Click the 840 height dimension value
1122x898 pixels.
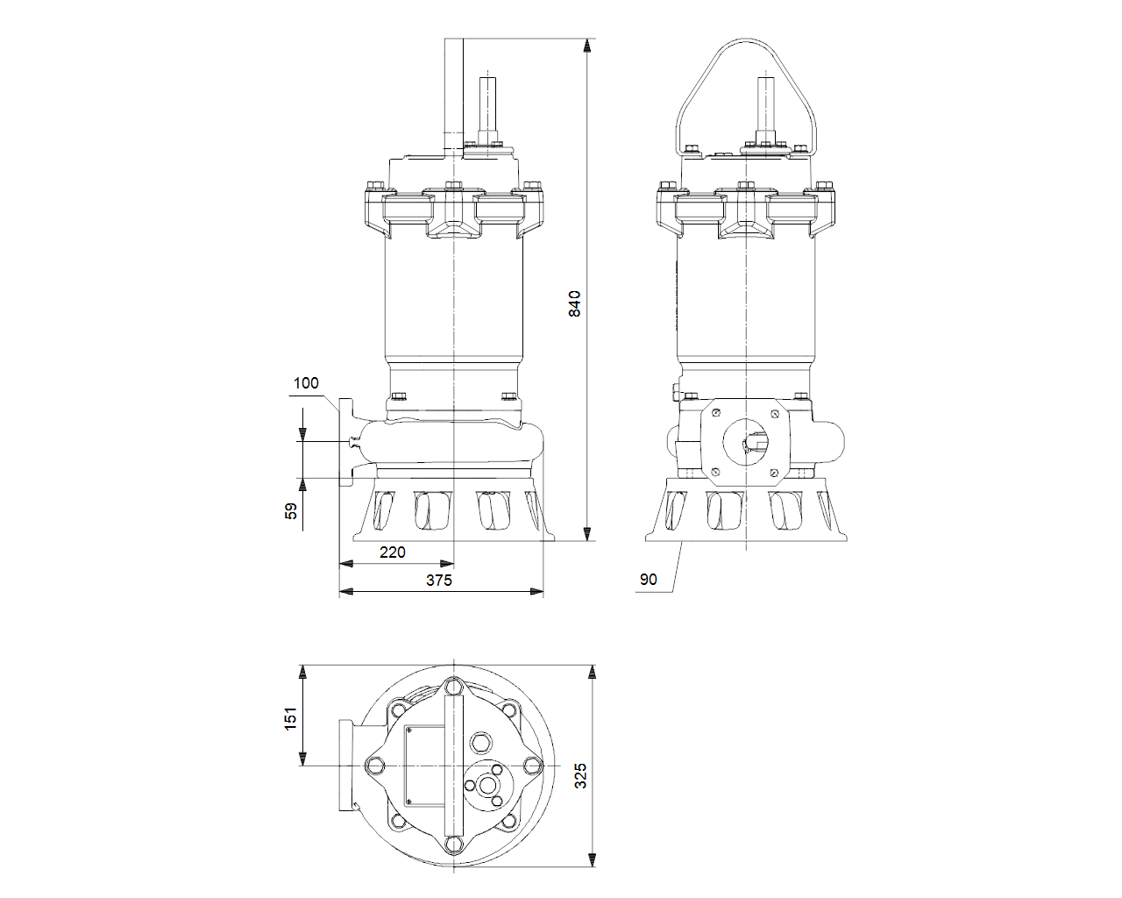pos(574,303)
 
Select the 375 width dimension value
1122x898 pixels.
pos(439,581)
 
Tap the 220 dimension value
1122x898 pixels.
pos(392,552)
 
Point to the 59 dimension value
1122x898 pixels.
pos(291,511)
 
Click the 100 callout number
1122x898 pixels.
pos(306,383)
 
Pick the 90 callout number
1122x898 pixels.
pos(648,579)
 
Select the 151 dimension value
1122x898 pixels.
pos(290,718)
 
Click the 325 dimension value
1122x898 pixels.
pos(580,775)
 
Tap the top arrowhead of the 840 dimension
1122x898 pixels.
pos(587,46)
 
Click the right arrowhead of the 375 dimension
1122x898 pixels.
pos(536,592)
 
